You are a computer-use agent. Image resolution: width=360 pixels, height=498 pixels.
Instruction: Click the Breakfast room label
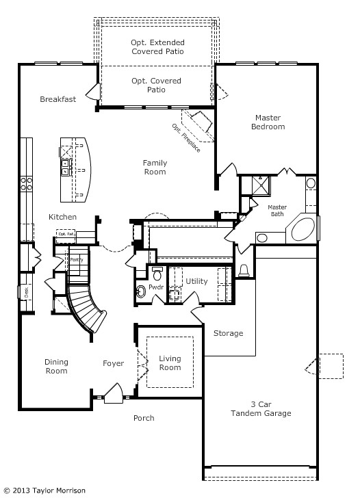tap(57, 99)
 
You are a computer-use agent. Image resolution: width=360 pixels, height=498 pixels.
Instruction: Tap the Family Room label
tap(155, 167)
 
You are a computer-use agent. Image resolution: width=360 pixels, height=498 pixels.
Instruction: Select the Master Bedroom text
tap(268, 122)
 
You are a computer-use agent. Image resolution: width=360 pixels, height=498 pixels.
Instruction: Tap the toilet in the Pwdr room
tap(157, 276)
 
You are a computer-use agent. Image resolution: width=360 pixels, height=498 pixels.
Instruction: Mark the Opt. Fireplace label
tap(186, 137)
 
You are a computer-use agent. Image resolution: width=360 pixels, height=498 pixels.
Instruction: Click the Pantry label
tap(77, 260)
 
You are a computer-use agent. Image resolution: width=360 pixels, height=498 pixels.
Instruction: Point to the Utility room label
tap(196, 281)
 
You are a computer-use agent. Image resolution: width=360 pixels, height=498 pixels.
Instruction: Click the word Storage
tap(228, 333)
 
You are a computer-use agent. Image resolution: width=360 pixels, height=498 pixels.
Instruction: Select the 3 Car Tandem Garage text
tap(261, 408)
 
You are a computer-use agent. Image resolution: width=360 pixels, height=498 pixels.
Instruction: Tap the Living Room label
tap(170, 363)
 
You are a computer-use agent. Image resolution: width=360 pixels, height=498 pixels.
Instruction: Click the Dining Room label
tap(56, 366)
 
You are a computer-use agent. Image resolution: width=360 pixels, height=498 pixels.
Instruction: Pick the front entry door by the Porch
tap(113, 395)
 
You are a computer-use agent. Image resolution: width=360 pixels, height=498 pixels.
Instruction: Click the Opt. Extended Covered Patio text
tap(157, 47)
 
